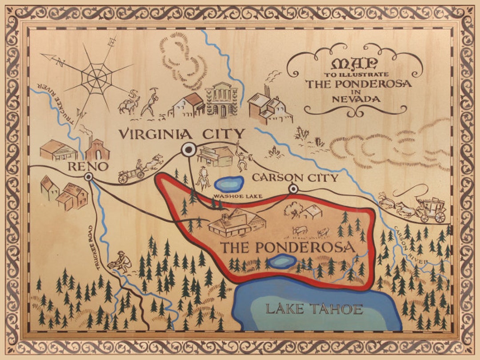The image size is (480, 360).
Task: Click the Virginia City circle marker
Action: tap(188, 150)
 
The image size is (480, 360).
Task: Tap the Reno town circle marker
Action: tap(88, 177)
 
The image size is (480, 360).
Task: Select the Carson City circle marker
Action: tap(293, 189)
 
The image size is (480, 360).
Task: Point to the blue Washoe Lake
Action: tap(229, 183)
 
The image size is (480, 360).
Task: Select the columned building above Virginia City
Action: tap(222, 100)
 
